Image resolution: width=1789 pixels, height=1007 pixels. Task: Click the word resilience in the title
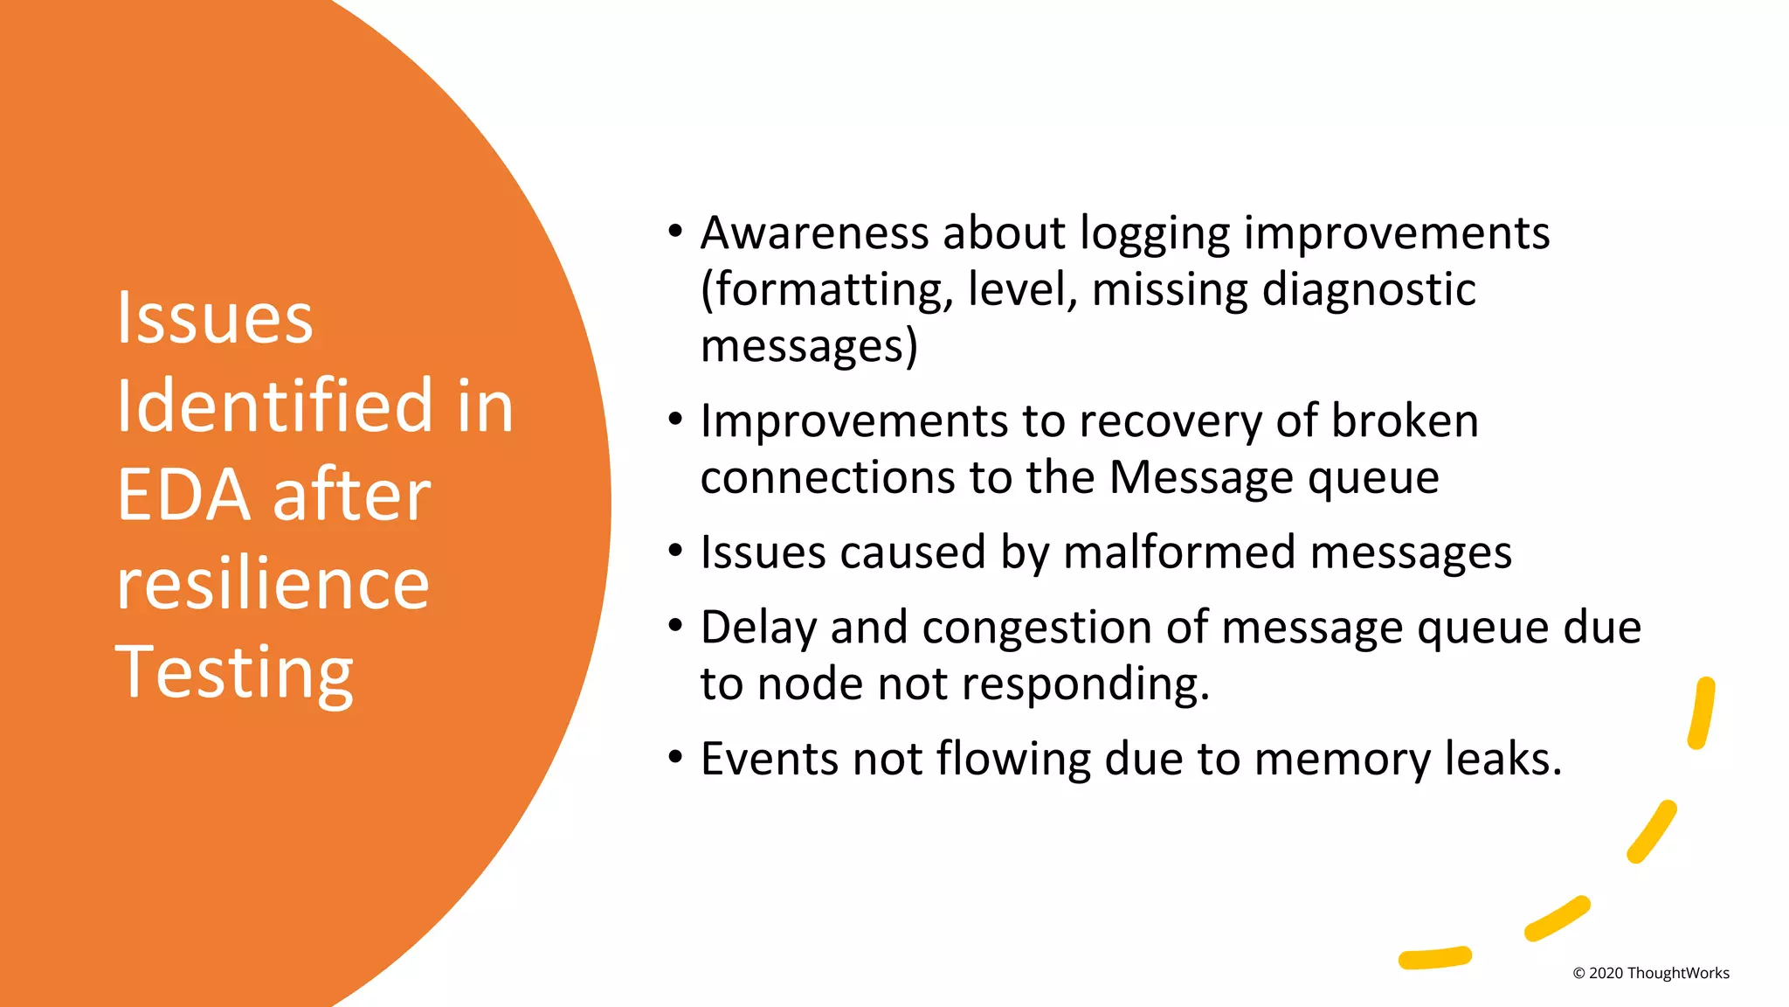[273, 584]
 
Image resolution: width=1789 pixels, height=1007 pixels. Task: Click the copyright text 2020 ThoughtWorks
[1651, 973]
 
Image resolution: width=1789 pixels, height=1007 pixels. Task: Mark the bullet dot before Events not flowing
[674, 757]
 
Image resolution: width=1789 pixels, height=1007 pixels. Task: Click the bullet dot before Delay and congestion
[674, 626]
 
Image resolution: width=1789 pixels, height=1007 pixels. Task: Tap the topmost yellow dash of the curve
[1702, 712]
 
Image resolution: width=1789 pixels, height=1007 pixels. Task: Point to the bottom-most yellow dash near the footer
[1434, 958]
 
